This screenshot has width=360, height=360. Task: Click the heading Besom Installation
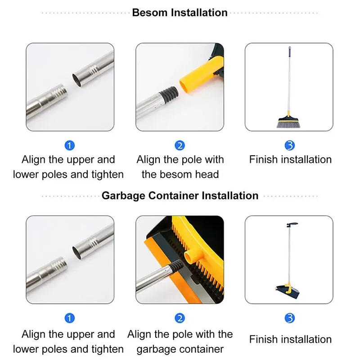(180, 13)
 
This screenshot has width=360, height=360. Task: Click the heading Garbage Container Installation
(180, 196)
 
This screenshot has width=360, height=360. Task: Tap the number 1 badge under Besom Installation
(70, 145)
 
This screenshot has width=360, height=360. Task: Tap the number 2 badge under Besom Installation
(180, 145)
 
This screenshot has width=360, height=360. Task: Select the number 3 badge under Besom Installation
(290, 145)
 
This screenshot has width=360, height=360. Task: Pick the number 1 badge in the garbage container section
(70, 319)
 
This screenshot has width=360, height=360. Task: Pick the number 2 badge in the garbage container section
(180, 319)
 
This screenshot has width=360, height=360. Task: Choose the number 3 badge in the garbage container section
(290, 319)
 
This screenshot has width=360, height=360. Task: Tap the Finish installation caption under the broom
(290, 160)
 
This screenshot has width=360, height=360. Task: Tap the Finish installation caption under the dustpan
(290, 339)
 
